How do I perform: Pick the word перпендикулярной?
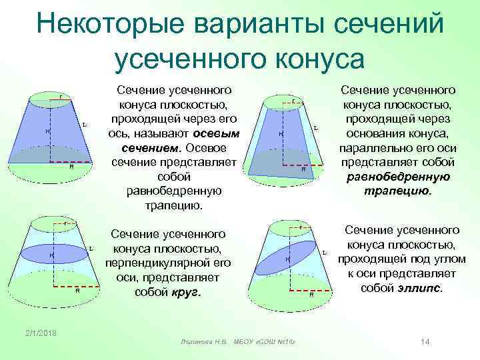167,263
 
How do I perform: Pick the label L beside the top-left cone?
84,125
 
